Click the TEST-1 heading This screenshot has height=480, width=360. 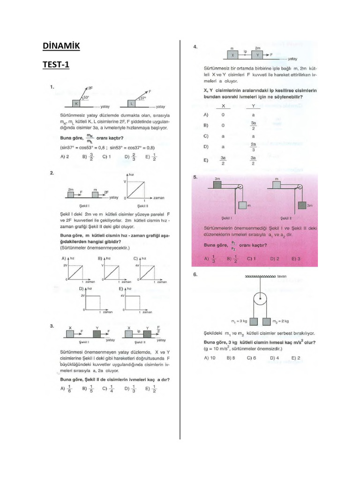click(x=56, y=65)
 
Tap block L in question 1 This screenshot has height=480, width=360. click(x=132, y=103)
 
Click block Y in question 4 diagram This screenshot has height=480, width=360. click(x=257, y=55)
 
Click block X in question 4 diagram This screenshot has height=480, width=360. click(x=232, y=55)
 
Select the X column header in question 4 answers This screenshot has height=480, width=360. click(x=223, y=105)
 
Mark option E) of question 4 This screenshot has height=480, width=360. click(x=206, y=160)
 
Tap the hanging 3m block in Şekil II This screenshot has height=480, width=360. click(x=300, y=205)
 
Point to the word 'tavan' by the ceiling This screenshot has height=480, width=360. click(x=282, y=276)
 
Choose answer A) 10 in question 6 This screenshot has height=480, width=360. click(x=210, y=357)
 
